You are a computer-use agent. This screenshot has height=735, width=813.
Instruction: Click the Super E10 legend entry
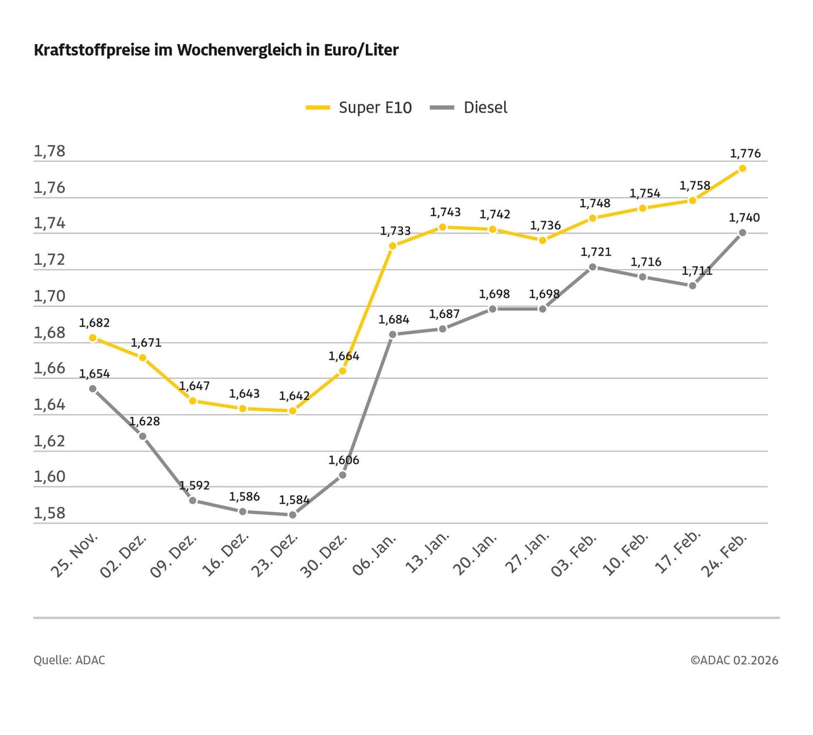pyautogui.click(x=359, y=108)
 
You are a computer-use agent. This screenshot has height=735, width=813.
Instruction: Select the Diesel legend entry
pyautogui.click(x=470, y=108)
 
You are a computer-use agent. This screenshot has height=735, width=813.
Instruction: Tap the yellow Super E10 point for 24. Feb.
pyautogui.click(x=743, y=168)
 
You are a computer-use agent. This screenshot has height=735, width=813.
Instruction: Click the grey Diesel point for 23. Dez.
pyautogui.click(x=293, y=515)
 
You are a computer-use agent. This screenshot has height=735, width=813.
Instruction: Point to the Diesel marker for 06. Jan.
pyautogui.click(x=392, y=334)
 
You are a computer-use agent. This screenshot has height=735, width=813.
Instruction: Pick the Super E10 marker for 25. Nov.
pyautogui.click(x=93, y=337)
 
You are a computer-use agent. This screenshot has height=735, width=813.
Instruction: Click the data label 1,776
pyautogui.click(x=745, y=154)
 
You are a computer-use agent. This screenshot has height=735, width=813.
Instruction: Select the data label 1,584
pyautogui.click(x=294, y=500)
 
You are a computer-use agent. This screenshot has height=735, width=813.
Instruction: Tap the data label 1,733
pyautogui.click(x=395, y=231)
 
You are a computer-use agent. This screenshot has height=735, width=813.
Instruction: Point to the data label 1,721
pyautogui.click(x=596, y=252)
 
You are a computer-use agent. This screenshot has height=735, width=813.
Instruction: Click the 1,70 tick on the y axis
pyautogui.click(x=49, y=296)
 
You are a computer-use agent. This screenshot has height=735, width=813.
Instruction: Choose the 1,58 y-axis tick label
pyautogui.click(x=49, y=513)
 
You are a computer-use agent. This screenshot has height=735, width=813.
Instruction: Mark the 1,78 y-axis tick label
pyautogui.click(x=49, y=150)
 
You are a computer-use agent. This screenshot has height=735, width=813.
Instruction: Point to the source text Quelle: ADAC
pyautogui.click(x=69, y=660)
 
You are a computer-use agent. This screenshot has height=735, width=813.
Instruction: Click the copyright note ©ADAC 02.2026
pyautogui.click(x=734, y=660)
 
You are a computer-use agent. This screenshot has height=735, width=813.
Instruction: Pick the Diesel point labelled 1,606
pyautogui.click(x=342, y=475)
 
